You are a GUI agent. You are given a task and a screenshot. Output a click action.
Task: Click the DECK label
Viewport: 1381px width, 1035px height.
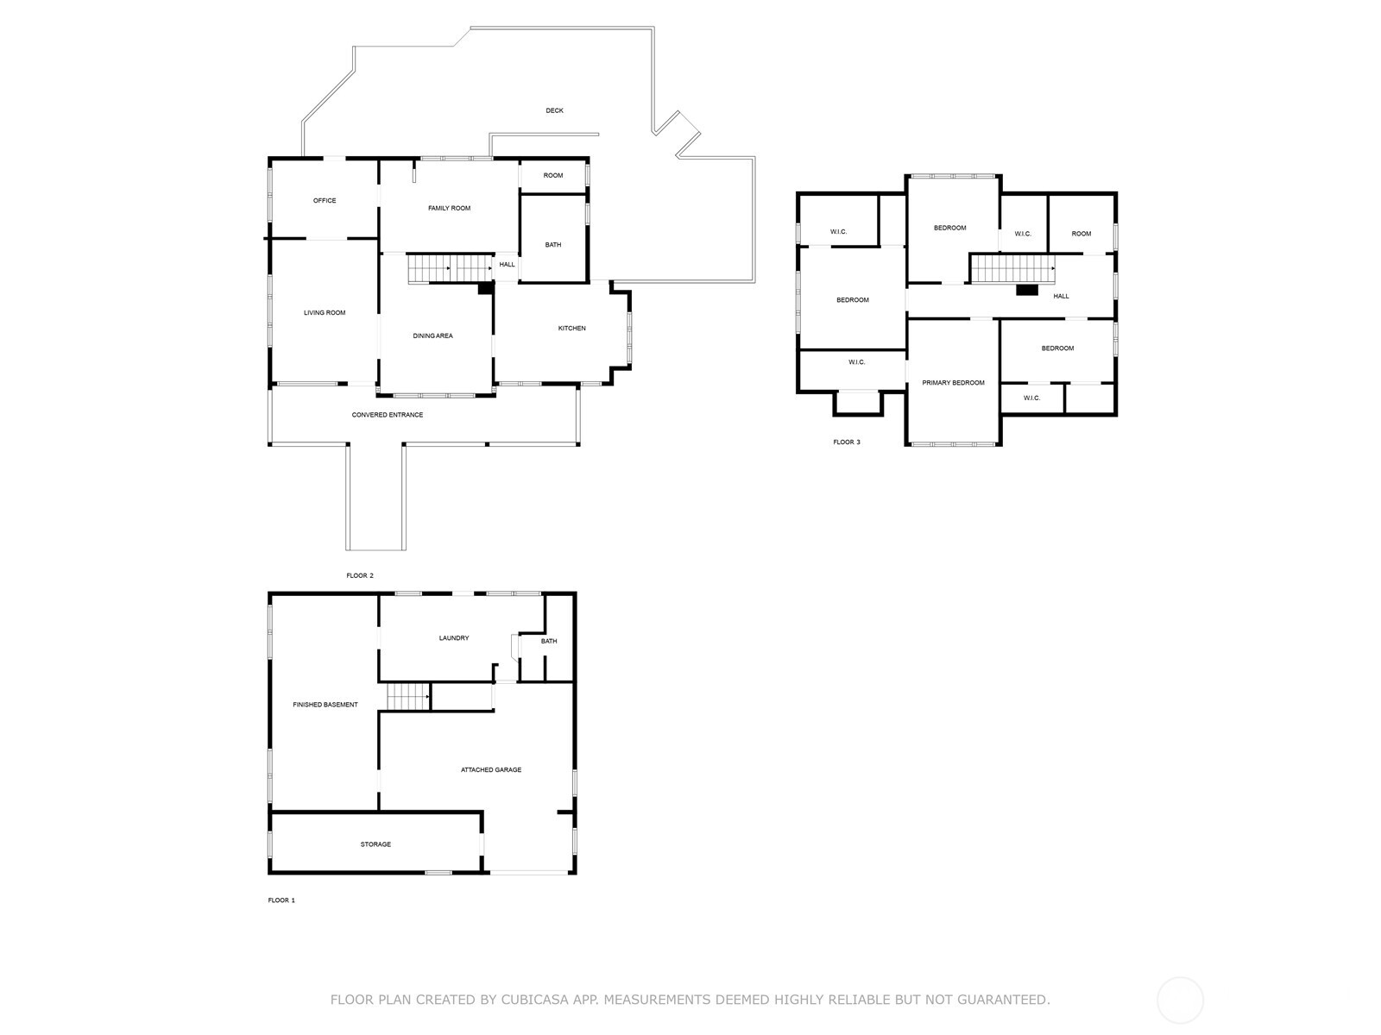(x=554, y=110)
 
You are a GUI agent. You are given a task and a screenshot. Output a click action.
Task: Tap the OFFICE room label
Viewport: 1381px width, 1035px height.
(x=325, y=200)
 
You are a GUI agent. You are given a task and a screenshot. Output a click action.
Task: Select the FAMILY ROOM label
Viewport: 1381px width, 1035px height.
(x=449, y=208)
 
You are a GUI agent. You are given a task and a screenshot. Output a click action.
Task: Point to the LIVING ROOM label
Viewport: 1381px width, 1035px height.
(x=325, y=312)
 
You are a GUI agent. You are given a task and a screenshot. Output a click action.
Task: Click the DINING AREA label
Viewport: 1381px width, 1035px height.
(x=433, y=336)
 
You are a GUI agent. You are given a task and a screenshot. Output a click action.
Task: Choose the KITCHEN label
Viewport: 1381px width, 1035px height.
(x=572, y=328)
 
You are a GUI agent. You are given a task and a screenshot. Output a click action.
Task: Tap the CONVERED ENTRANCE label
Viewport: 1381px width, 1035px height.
(x=388, y=415)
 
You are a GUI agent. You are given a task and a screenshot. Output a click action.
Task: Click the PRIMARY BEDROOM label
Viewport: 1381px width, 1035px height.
(x=953, y=383)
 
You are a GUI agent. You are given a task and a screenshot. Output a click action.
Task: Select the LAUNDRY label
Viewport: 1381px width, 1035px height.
(x=454, y=638)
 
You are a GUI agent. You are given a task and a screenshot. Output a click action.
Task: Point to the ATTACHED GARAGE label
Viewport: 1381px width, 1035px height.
(x=491, y=770)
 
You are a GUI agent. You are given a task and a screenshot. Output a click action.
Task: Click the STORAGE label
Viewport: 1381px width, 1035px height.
(x=375, y=844)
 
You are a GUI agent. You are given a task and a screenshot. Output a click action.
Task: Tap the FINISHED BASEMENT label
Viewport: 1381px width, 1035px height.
(x=325, y=705)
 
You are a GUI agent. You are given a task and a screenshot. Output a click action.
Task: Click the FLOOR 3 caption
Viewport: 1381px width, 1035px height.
(x=846, y=442)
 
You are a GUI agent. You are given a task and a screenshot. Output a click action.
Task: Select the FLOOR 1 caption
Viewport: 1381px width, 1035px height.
(x=281, y=900)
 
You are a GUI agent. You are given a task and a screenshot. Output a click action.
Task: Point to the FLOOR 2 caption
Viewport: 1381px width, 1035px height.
(x=360, y=575)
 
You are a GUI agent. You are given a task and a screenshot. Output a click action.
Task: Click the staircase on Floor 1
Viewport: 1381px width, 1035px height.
(x=408, y=697)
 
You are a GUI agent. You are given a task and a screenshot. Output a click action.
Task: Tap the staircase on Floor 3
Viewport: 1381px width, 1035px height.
(x=1012, y=268)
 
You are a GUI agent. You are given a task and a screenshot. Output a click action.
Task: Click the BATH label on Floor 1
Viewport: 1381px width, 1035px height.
(x=549, y=641)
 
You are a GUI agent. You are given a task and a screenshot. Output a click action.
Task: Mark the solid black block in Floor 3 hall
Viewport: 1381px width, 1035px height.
(x=1027, y=290)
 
